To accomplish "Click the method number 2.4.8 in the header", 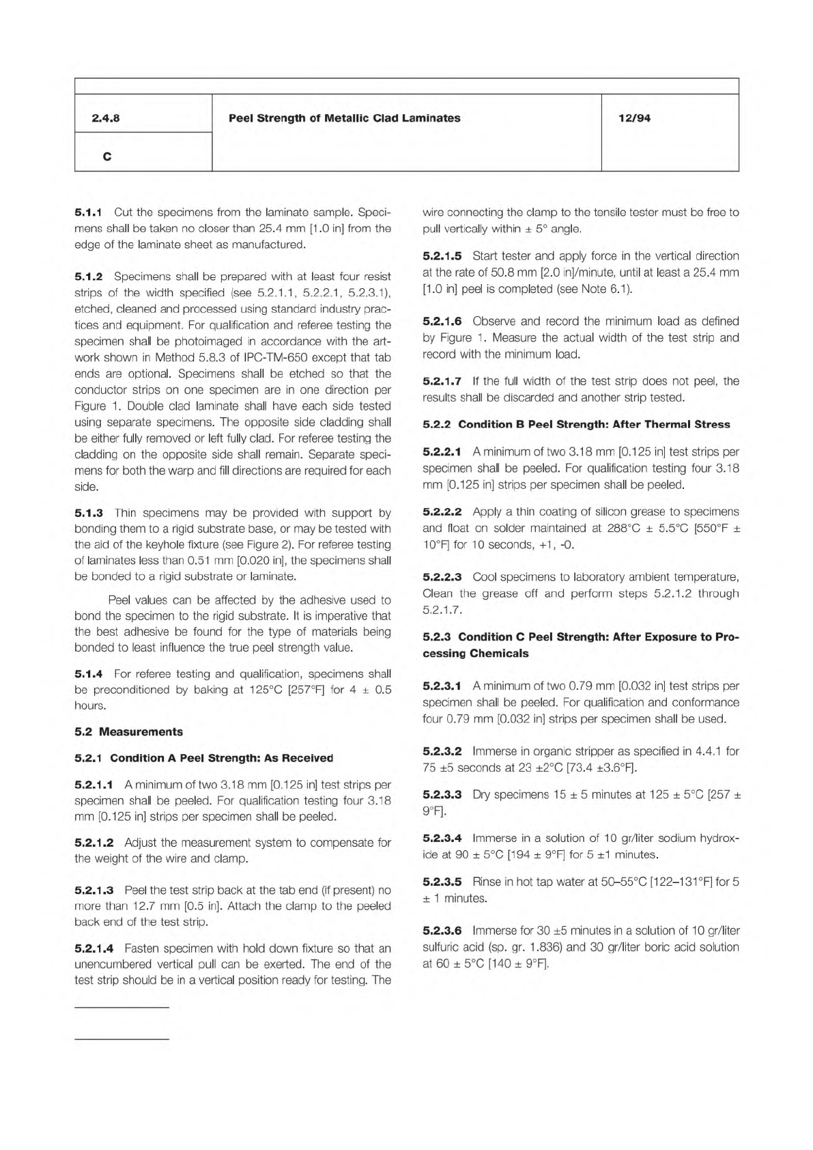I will coord(106,118).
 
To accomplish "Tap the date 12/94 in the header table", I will coord(634,118).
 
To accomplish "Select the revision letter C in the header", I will coord(106,156).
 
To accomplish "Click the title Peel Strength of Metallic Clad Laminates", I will coord(344,118).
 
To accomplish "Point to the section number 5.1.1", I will coord(88,212).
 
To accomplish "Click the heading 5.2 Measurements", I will coord(128,732).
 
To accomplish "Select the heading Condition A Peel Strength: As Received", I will coord(221,758).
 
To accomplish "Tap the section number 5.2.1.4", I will coord(94,949).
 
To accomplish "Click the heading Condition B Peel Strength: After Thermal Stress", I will coord(594,425).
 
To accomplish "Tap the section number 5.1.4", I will coord(88,674).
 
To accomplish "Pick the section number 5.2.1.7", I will coord(442,381).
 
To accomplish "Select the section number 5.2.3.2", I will coord(442,751).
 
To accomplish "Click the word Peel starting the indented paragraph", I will coord(119,600).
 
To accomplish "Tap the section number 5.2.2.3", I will coord(442,578).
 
